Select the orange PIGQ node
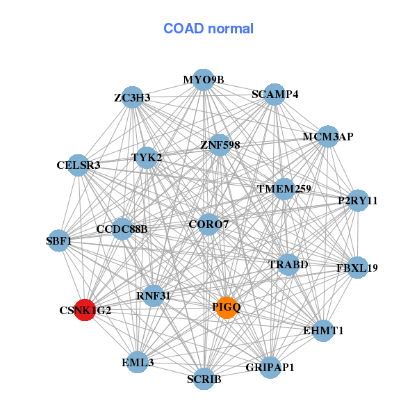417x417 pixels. click(227, 306)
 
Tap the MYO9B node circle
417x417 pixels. click(203, 80)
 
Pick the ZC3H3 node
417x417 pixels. click(133, 97)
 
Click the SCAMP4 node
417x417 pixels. click(275, 95)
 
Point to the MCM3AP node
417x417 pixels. click(327, 137)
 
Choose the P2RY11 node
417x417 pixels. click(358, 201)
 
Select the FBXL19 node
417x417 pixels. click(357, 267)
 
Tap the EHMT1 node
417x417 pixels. click(323, 331)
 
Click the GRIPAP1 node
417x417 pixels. click(270, 367)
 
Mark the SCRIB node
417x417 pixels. click(204, 379)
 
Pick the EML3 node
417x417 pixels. click(138, 362)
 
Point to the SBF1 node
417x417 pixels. click(59, 240)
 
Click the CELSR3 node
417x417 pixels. click(79, 165)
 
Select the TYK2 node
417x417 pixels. click(147, 158)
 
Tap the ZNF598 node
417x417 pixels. click(220, 145)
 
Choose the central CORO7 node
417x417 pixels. click(208, 224)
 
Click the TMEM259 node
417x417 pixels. click(284, 188)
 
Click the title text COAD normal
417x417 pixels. click(208, 28)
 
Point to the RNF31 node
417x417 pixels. click(154, 295)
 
